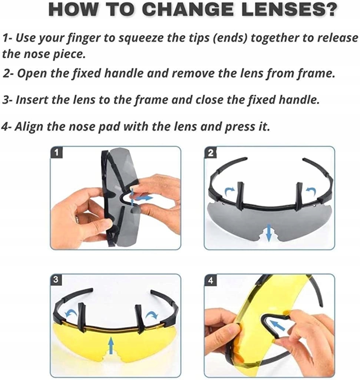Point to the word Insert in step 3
[x=32, y=99]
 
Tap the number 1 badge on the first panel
[x=56, y=153]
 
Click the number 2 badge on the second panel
[x=211, y=153]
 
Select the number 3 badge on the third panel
[x=56, y=280]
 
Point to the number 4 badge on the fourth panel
[x=211, y=281]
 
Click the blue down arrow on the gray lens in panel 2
[x=268, y=233]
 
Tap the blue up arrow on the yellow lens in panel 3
[x=111, y=345]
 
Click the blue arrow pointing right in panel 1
[x=144, y=198]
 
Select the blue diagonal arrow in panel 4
[x=277, y=325]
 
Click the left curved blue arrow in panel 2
[x=229, y=191]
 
